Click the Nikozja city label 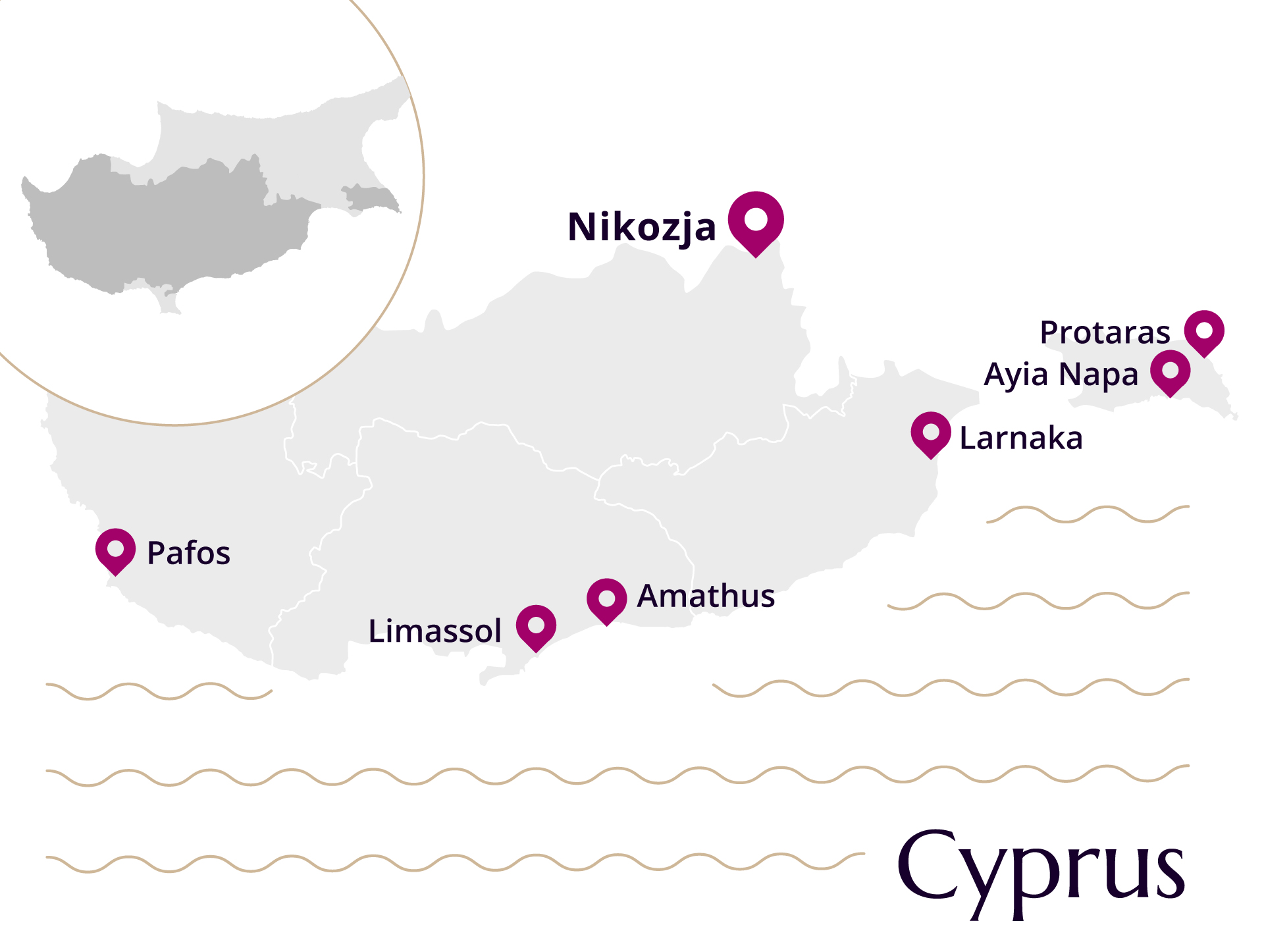pyautogui.click(x=641, y=227)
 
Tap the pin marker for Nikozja pyautogui.click(x=756, y=221)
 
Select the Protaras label pyautogui.click(x=1105, y=332)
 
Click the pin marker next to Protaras pyautogui.click(x=1204, y=331)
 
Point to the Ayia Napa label pyautogui.click(x=1061, y=375)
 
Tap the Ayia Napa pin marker pyautogui.click(x=1170, y=371)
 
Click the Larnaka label pyautogui.click(x=1020, y=438)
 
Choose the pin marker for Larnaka pyautogui.click(x=931, y=433)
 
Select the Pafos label pyautogui.click(x=188, y=553)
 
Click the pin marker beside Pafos pyautogui.click(x=115, y=550)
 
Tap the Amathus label pyautogui.click(x=706, y=596)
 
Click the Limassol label pyautogui.click(x=434, y=631)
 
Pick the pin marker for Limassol pyautogui.click(x=536, y=625)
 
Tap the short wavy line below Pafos pyautogui.click(x=158, y=691)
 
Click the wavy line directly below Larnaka pyautogui.click(x=1086, y=514)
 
